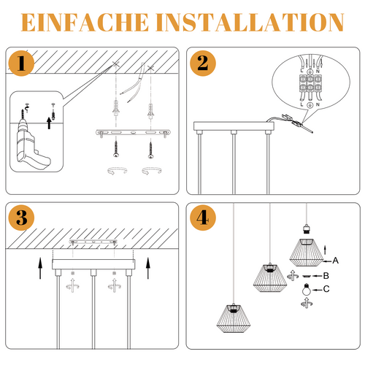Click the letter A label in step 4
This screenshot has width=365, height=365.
(336, 260)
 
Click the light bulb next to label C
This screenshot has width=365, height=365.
(307, 290)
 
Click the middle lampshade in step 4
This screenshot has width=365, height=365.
(268, 274)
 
